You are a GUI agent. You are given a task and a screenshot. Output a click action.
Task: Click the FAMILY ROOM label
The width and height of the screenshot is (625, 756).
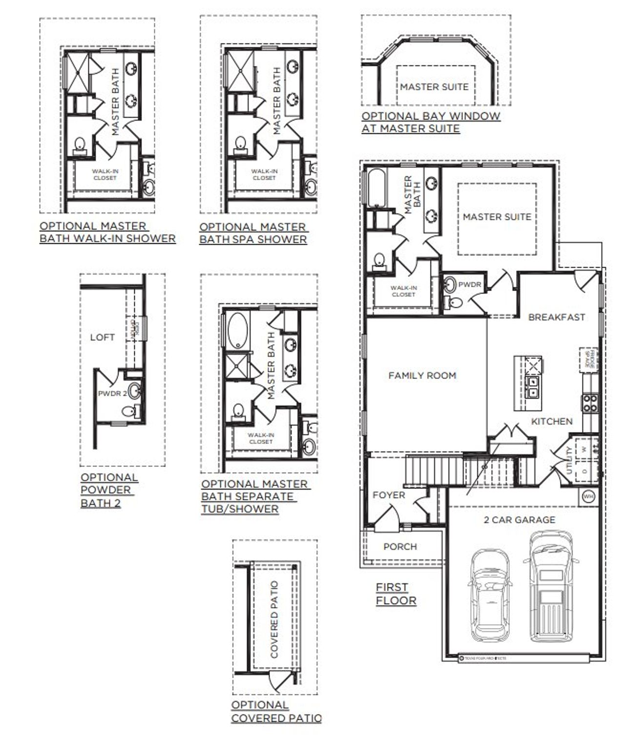[x=422, y=376]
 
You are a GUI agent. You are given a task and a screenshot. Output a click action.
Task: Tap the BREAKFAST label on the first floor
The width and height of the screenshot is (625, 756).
[x=556, y=317]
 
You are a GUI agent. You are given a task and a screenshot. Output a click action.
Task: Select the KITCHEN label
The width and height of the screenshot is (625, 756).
[x=552, y=421]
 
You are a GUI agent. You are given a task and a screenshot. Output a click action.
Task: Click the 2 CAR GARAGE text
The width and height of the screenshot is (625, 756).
[x=519, y=520]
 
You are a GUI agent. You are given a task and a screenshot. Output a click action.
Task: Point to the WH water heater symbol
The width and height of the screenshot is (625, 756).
[x=588, y=496]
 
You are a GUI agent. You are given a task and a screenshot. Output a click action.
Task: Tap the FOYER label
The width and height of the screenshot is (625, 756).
[x=389, y=495]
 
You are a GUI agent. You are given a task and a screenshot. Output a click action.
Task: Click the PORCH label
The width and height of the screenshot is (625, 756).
[x=400, y=546]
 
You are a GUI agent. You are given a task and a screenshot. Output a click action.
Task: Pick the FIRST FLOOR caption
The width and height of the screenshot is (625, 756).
[x=396, y=594]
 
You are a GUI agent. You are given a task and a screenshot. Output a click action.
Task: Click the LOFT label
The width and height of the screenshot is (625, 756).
[x=103, y=337]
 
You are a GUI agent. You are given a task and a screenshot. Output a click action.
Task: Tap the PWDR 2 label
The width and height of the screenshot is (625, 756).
[x=112, y=394]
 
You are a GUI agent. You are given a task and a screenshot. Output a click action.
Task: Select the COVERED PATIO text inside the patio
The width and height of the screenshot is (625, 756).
[x=274, y=619]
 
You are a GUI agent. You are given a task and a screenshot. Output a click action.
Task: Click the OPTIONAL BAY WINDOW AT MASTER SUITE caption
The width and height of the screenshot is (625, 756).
[x=431, y=122]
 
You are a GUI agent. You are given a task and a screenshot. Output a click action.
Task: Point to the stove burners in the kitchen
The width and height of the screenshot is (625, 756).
[x=589, y=403]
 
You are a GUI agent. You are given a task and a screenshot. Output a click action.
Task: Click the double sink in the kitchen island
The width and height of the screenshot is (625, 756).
[x=534, y=386]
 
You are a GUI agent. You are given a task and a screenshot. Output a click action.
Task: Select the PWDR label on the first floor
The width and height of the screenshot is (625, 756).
[x=470, y=285]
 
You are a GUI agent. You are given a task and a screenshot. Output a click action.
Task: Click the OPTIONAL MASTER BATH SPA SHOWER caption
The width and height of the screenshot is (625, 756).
[x=253, y=233]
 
